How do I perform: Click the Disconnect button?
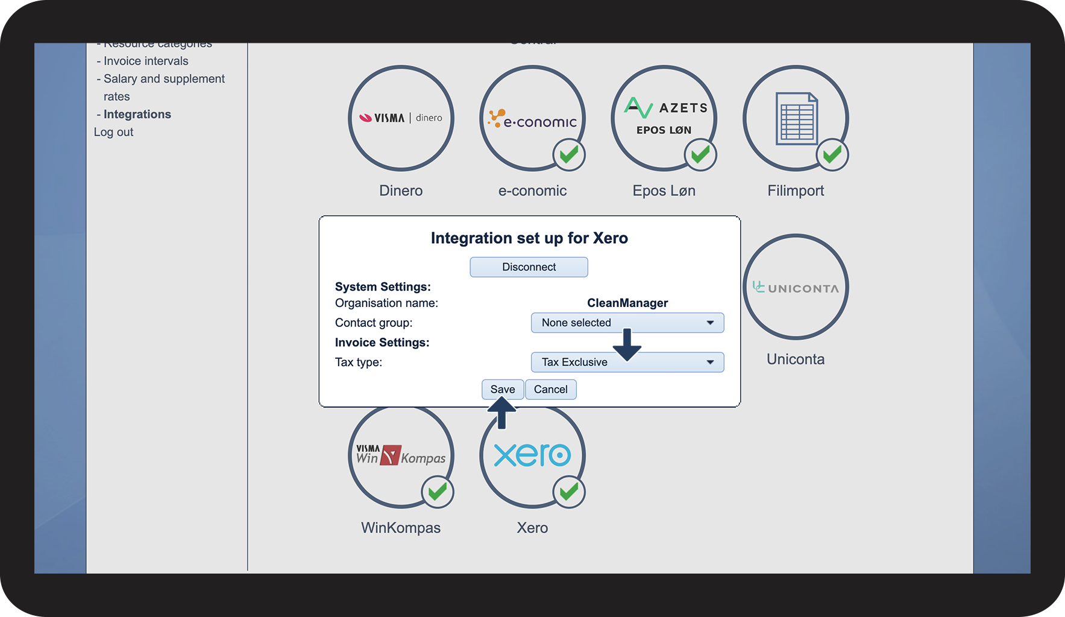[529, 267]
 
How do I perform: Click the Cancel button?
[550, 390]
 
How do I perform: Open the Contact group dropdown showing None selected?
[627, 323]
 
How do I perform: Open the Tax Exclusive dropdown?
[627, 362]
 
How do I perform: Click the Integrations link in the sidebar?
[137, 115]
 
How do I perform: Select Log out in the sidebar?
[113, 132]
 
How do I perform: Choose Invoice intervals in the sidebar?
[145, 61]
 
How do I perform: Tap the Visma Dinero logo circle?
[401, 118]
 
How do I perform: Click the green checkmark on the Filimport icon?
[832, 155]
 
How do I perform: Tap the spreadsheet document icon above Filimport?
[796, 118]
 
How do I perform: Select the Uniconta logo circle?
[796, 288]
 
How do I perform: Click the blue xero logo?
[532, 455]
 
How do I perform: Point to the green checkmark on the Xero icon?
[568, 492]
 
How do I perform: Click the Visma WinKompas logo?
[401, 455]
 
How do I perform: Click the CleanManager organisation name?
[627, 303]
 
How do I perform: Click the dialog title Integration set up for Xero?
[529, 238]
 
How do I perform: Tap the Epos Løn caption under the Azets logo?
[664, 191]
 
